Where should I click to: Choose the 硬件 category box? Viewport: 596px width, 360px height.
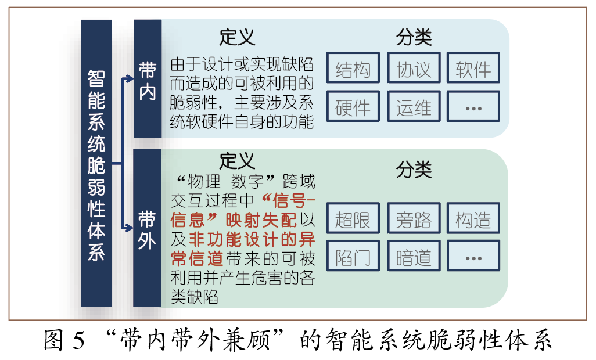[x=353, y=106]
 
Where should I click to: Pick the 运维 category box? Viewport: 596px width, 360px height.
[x=414, y=106]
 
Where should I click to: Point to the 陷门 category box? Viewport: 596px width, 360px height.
[x=353, y=256]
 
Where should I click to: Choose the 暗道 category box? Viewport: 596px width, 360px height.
[x=414, y=256]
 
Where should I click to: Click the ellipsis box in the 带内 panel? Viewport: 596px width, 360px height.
[x=473, y=106]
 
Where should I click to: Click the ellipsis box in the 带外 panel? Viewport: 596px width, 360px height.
[x=473, y=256]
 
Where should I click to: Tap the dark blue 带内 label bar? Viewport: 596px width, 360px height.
[x=147, y=79]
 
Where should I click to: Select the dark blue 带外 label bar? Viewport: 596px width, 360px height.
[x=147, y=228]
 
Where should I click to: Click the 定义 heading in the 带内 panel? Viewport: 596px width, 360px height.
[x=237, y=37]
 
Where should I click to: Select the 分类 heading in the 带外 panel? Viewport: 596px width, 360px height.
[x=414, y=170]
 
